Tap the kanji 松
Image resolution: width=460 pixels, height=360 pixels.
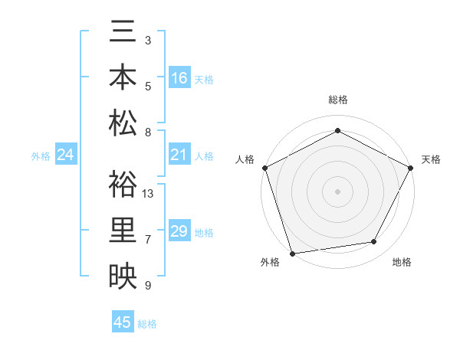coord(123,123)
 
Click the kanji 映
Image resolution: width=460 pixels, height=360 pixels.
coord(123,276)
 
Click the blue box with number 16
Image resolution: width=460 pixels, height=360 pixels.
coord(179,78)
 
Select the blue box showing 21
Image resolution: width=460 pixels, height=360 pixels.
coord(179,155)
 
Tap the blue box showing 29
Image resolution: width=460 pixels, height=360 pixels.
coord(179,231)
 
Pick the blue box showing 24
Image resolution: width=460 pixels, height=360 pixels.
coord(66,155)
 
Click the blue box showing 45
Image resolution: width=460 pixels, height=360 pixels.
coord(123,322)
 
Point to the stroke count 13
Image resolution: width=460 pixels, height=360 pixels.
coord(149,193)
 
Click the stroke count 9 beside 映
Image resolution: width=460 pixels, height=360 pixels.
coord(148,286)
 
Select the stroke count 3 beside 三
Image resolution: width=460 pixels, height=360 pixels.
coord(148,40)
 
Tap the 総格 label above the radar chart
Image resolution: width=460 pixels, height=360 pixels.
coord(337,100)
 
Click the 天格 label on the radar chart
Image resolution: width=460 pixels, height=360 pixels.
coord(431,159)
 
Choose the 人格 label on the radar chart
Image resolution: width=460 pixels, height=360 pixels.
coord(245,159)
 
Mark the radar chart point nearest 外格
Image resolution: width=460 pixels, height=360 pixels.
coord(292,253)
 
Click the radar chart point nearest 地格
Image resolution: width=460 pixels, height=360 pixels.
coord(374,242)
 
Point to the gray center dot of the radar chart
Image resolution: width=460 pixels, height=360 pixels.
coord(337,191)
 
